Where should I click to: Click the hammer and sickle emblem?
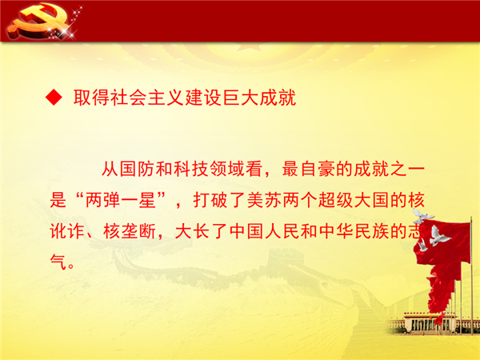pos(38,21)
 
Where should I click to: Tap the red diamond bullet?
pos(54,98)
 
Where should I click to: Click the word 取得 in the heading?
pos(91,98)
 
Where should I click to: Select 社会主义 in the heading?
pos(147,98)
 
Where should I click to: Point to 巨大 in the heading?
pos(240,98)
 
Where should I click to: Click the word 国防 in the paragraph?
pos(138,169)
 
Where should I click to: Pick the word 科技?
pos(191,169)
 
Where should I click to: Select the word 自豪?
pos(318,169)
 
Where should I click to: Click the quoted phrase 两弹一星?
pos(120,200)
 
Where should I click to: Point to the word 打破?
pos(211,200)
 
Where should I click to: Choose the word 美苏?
pos(265,200)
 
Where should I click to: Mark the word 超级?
pos(336,200)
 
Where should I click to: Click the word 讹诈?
pos(67,231)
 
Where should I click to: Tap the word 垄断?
pos(138,231)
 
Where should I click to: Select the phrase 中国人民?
pos(265,231)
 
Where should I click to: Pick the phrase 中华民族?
pos(354,231)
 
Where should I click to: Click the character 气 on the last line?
pos(58,262)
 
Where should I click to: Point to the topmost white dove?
pos(422,216)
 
